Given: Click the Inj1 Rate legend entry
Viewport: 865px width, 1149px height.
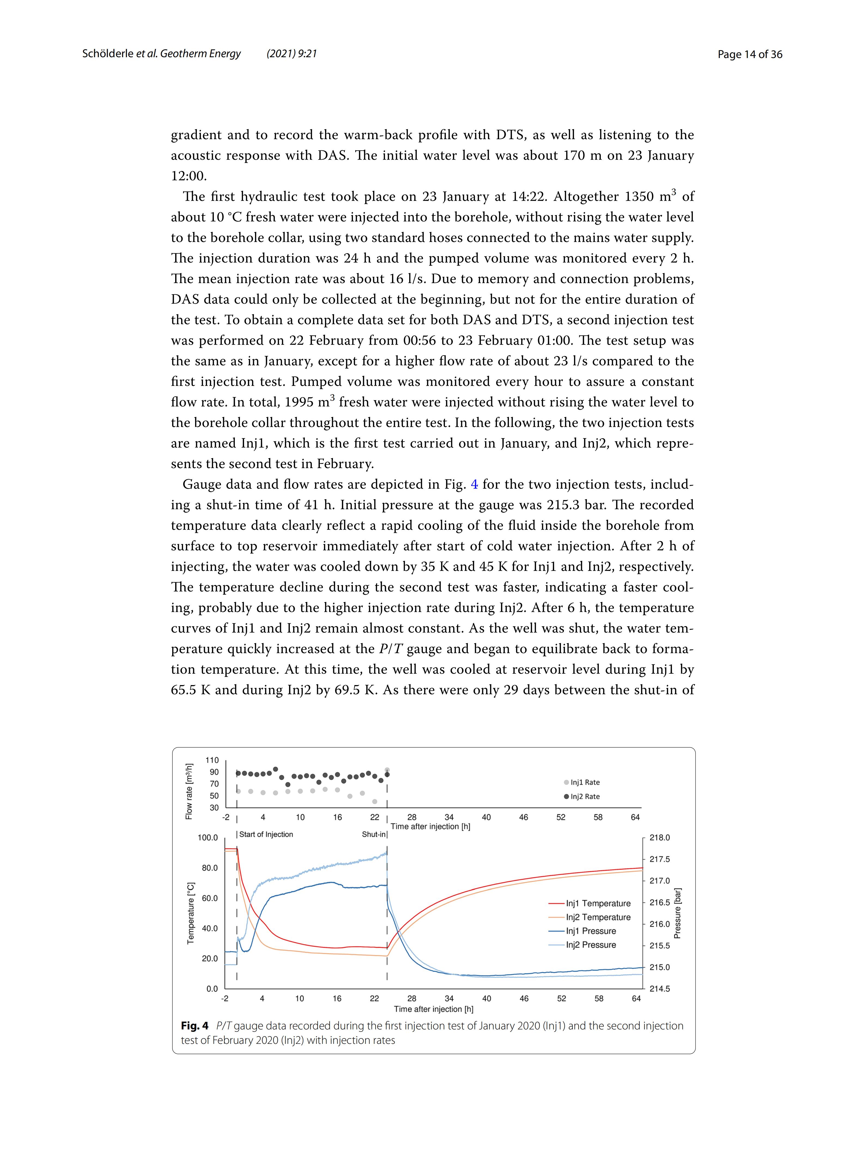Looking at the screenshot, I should coord(584,782).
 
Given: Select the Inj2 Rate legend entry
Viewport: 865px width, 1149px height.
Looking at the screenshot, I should coord(584,796).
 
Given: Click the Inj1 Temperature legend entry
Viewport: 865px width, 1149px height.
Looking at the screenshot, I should coord(597,903).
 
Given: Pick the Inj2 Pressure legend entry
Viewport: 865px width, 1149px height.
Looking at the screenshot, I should coord(591,945).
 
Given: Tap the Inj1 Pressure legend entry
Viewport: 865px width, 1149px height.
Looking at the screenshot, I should coord(591,931).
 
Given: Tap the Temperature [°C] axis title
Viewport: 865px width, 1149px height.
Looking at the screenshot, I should coord(191,913).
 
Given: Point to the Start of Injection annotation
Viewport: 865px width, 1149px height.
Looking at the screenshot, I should coord(266,834).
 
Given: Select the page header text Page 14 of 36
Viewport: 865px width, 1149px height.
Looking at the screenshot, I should coord(750,54).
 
